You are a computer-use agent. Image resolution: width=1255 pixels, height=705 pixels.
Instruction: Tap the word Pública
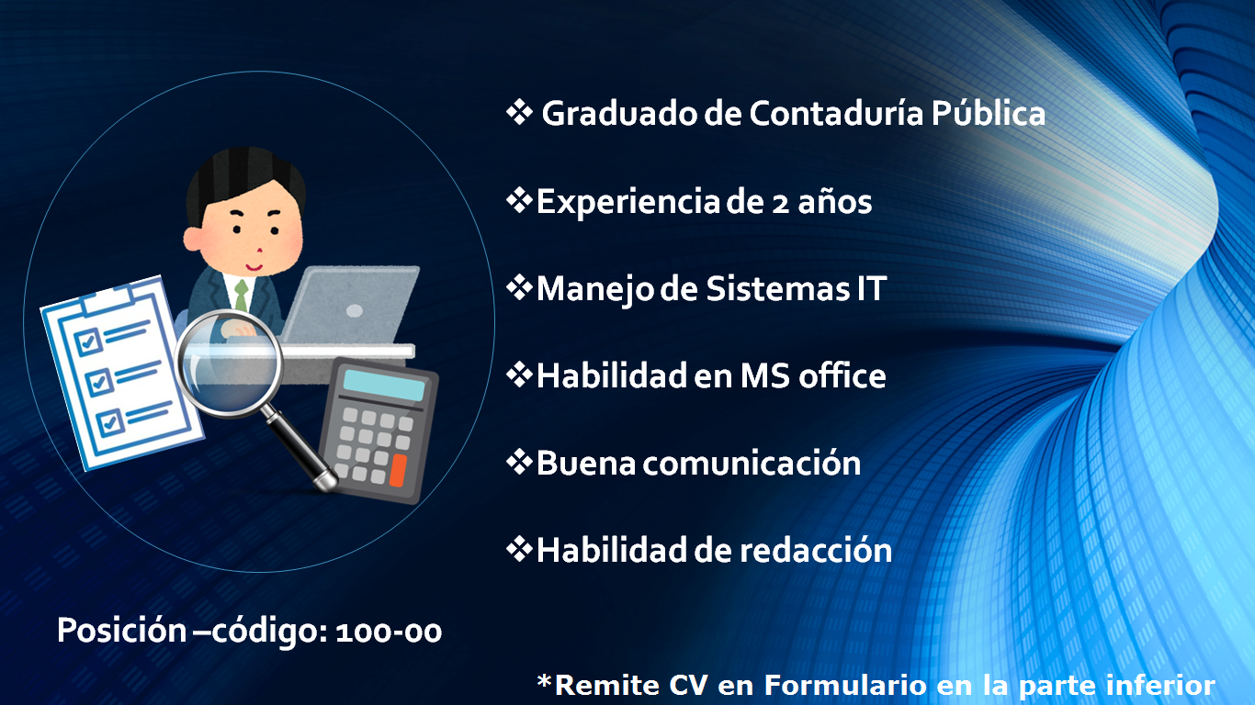click(x=989, y=113)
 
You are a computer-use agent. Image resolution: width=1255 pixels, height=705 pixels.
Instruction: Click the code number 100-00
click(x=389, y=632)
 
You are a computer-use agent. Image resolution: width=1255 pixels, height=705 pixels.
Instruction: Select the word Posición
click(x=121, y=630)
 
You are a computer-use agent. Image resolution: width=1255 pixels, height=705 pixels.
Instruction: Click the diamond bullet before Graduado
click(x=519, y=113)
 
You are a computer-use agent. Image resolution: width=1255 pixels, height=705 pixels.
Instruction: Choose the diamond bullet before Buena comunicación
click(x=519, y=463)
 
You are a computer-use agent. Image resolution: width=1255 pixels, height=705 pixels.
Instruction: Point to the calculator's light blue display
click(x=384, y=386)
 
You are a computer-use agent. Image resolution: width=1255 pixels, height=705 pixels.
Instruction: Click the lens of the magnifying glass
click(x=229, y=364)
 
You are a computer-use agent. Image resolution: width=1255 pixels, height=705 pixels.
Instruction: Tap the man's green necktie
click(x=242, y=295)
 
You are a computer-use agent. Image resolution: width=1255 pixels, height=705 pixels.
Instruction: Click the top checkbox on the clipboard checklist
click(x=88, y=342)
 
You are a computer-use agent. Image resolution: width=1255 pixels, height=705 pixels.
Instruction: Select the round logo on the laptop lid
click(x=354, y=311)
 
